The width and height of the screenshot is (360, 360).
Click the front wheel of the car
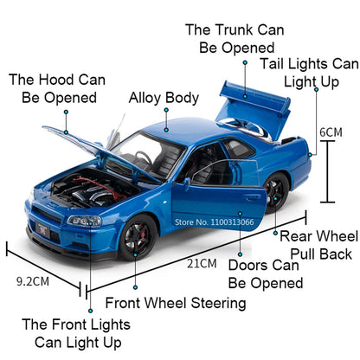click(138, 235)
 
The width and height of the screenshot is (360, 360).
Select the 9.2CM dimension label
click(34, 280)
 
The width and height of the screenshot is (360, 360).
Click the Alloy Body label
click(164, 99)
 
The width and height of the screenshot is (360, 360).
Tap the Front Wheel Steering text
click(175, 303)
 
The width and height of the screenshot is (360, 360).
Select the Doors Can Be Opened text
click(265, 273)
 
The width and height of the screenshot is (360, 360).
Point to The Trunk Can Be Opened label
click(230, 38)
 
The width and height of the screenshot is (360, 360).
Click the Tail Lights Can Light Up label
click(310, 73)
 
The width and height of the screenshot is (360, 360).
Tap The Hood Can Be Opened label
click(57, 88)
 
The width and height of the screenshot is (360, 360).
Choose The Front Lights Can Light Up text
click(76, 333)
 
